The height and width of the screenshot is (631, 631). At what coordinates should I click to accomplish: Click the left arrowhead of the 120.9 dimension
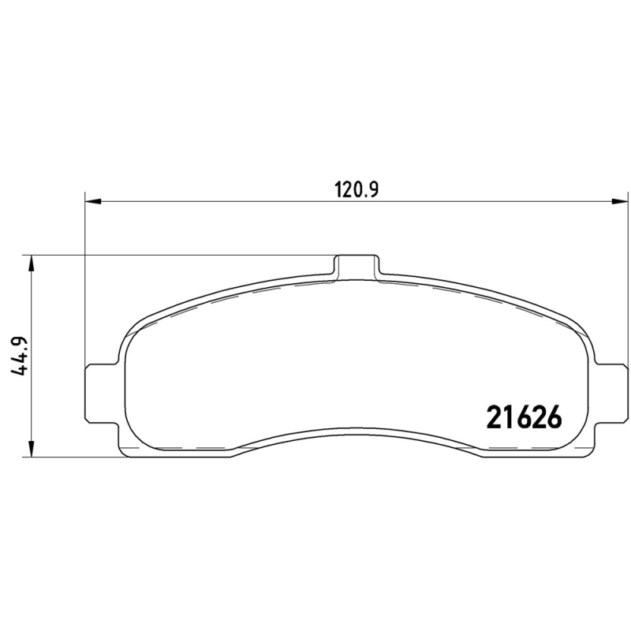pos(93,200)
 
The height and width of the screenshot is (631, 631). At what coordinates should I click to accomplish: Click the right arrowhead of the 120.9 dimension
pos(620,200)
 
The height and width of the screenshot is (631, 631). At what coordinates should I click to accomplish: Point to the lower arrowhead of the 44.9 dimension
pos(31,449)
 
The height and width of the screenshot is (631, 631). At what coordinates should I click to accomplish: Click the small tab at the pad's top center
pos(357,266)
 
